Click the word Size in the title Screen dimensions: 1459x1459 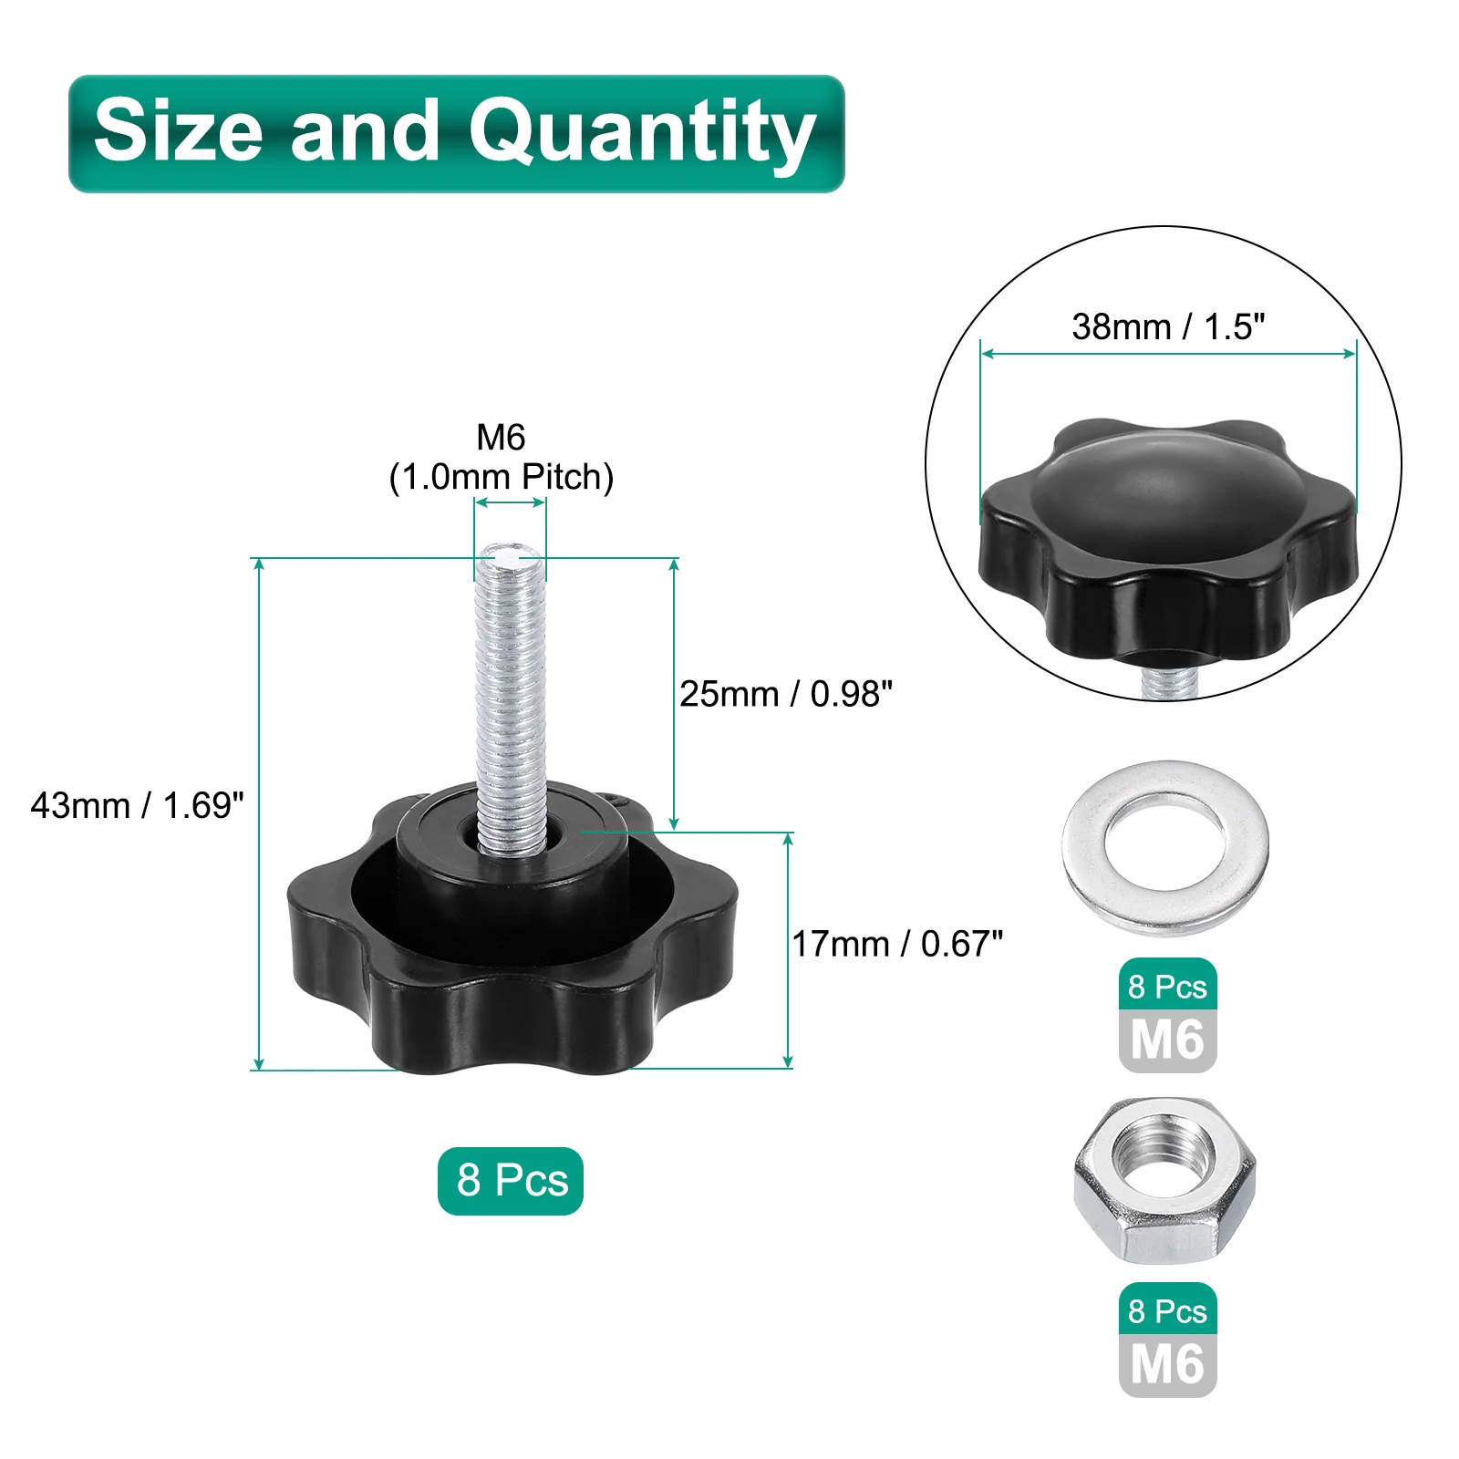[178, 129]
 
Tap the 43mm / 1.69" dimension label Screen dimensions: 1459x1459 [138, 805]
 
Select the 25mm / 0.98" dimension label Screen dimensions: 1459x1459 [786, 694]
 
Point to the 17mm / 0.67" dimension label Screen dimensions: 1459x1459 [897, 944]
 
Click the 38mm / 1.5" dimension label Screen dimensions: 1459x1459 [1169, 326]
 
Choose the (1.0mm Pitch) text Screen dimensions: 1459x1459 [502, 477]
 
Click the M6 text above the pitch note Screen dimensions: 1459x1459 [501, 438]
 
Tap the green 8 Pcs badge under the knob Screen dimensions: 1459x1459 [511, 1181]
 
